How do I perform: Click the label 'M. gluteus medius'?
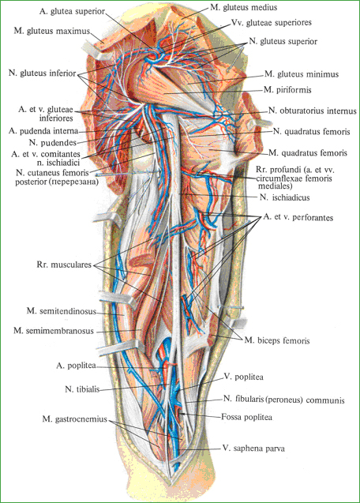click(x=243, y=7)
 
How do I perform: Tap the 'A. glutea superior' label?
click(x=72, y=11)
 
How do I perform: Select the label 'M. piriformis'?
click(x=287, y=90)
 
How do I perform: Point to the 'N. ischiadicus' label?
click(x=284, y=197)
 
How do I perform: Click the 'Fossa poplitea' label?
click(x=246, y=417)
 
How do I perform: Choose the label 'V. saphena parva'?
click(x=253, y=449)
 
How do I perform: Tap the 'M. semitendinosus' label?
click(x=62, y=311)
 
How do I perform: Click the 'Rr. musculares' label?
click(x=64, y=265)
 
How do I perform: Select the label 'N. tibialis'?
click(x=82, y=389)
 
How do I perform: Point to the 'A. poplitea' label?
click(x=76, y=366)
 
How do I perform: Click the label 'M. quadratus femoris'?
click(x=308, y=153)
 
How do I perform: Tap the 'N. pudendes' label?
click(x=53, y=142)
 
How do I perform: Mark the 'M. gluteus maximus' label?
click(x=51, y=31)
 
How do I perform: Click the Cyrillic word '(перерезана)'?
click(x=77, y=182)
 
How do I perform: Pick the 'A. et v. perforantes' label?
click(x=298, y=217)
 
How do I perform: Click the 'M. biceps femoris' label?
click(x=277, y=340)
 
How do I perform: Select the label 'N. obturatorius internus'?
click(x=313, y=111)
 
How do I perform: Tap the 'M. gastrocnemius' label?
click(x=74, y=419)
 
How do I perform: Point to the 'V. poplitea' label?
click(x=243, y=377)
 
